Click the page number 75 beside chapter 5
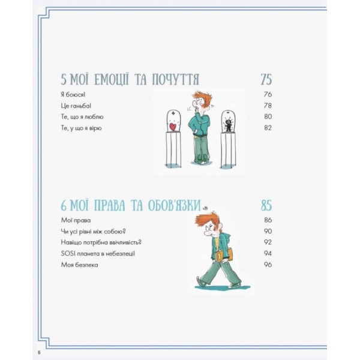pos(266,79)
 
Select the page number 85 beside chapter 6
pos(266,205)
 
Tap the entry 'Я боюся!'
pos(73,95)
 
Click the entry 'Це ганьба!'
pos(76,106)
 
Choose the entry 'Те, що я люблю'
pos(82,117)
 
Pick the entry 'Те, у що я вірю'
pos(81,128)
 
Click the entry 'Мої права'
pos(76,220)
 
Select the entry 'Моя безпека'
pos(79,265)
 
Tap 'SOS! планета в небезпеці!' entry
pos(98,254)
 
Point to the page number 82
pos(268,128)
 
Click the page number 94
pos(268,253)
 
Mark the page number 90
pos(268,231)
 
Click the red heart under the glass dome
pos(172,127)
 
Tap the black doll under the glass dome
pos(228,124)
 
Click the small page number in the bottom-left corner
pos(39,353)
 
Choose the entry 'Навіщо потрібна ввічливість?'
pos(101,242)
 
